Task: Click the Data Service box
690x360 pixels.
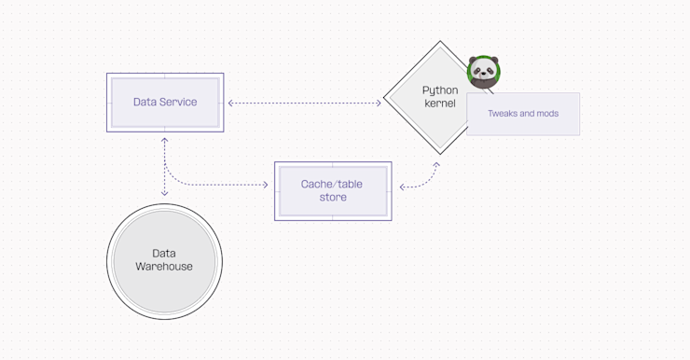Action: pos(165,103)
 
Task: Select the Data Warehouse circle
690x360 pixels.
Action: pos(164,260)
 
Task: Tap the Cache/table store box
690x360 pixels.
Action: pos(333,191)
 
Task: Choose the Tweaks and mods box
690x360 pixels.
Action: pos(523,114)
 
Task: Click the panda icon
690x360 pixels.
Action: pos(483,73)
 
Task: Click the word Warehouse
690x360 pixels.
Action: pos(164,267)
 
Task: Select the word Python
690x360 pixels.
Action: pos(440,90)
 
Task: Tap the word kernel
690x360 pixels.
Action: pos(440,104)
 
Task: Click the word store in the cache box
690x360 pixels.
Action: pos(333,198)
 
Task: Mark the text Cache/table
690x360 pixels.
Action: pos(332,185)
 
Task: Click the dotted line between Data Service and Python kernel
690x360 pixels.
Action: pos(304,103)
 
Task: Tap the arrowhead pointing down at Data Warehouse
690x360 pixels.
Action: pos(165,194)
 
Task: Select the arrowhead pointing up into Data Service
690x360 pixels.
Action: pos(165,139)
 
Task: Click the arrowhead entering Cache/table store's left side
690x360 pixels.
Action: pos(266,185)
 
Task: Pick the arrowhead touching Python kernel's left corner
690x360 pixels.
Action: pos(379,103)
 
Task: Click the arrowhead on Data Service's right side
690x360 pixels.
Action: pos(230,103)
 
